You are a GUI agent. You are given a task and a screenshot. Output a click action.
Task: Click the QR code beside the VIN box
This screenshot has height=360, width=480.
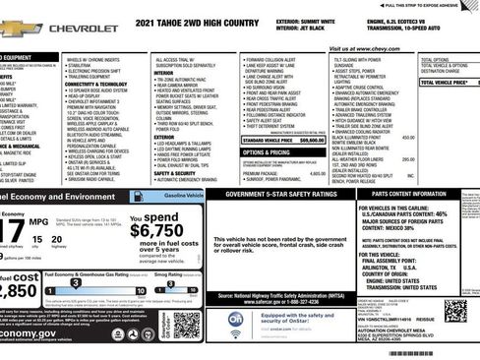454,311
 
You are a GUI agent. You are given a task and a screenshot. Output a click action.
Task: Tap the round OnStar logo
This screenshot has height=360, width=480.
236,320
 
